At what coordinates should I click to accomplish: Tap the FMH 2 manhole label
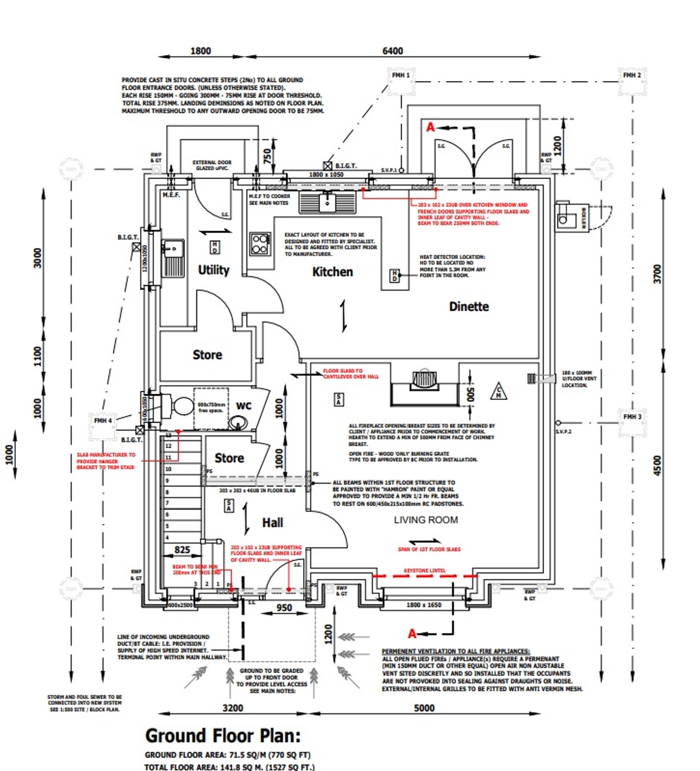[x=632, y=75]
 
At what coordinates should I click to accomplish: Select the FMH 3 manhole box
[x=632, y=417]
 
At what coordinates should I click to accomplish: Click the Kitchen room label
[x=332, y=272]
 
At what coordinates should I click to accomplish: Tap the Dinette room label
[x=469, y=307]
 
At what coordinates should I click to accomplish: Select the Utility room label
[x=214, y=270]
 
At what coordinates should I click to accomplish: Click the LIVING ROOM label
[x=426, y=520]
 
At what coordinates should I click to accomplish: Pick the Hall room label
[x=272, y=523]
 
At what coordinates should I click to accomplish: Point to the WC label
[x=243, y=406]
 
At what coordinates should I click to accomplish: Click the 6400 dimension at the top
[x=392, y=51]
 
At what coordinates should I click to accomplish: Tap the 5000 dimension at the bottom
[x=424, y=708]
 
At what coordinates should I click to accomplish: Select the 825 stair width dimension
[x=182, y=550]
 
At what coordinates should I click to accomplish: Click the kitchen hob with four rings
[x=260, y=244]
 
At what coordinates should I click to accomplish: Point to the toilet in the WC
[x=178, y=406]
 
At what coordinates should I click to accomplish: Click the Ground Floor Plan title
[x=223, y=736]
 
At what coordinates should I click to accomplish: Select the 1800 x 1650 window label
[x=424, y=605]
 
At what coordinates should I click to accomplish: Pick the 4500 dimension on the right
[x=658, y=465]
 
